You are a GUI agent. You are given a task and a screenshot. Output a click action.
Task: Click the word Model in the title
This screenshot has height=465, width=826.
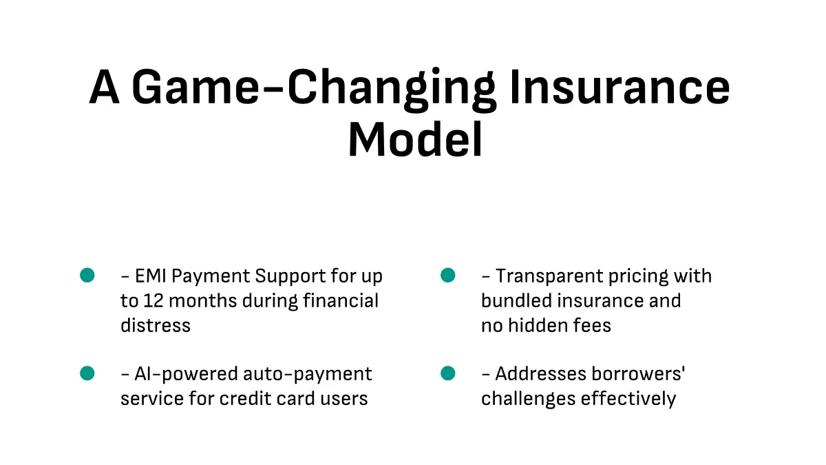coord(415,139)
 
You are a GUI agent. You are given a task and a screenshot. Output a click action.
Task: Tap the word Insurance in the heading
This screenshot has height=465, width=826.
coord(619,87)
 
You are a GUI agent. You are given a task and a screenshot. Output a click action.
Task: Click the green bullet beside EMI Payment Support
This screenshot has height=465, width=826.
coord(87,276)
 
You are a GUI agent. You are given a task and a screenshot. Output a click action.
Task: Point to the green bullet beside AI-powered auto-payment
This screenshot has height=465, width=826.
coord(87,373)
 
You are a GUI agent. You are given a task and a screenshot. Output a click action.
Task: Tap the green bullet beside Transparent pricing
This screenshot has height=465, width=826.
coord(447,276)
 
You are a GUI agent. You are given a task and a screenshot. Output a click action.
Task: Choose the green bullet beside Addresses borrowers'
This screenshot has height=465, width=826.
coord(447,373)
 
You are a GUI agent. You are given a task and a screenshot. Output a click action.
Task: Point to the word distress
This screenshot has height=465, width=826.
coord(156,325)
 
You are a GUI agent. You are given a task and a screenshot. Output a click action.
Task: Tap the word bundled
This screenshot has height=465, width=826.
coord(516,300)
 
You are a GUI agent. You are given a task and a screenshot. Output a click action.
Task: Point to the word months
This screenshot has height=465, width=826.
coord(203,301)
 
